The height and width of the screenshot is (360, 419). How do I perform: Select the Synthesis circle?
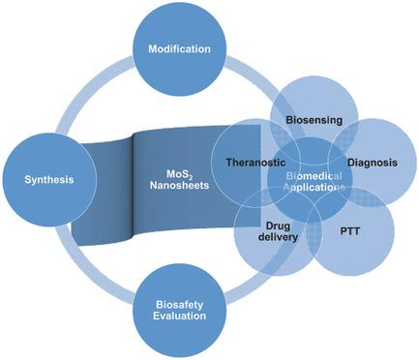coord(45,180)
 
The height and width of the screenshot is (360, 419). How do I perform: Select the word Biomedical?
coord(312,171)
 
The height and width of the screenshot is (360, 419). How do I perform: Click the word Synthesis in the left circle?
coord(45,180)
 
